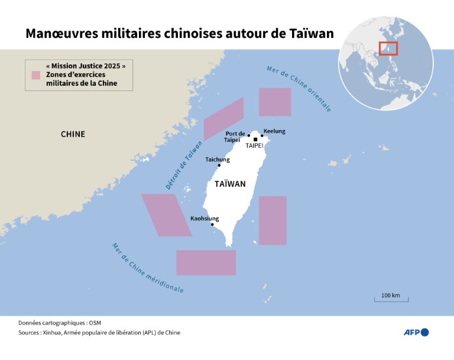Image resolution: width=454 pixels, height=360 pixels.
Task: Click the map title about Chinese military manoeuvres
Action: coord(179,34)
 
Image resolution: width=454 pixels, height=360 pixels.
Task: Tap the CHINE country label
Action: coord(73,134)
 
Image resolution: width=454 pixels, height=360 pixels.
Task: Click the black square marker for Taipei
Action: coord(255,140)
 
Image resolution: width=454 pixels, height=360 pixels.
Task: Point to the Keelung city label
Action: coord(274,131)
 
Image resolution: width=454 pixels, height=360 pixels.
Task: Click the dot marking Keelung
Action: coord(262,136)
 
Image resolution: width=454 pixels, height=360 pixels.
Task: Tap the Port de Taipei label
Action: coord(235,137)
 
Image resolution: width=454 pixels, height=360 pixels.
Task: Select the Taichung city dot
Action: coord(219,166)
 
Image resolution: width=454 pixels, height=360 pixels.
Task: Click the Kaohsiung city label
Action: coord(205,218)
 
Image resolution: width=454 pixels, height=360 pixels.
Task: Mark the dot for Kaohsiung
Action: coord(212,225)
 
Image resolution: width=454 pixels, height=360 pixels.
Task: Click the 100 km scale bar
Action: coord(391,300)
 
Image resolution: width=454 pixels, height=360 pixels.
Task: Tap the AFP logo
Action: coord(416,332)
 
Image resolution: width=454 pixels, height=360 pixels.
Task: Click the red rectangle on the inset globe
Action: coord(388,48)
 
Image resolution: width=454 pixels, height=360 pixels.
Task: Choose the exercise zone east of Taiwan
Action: coord(273,220)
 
